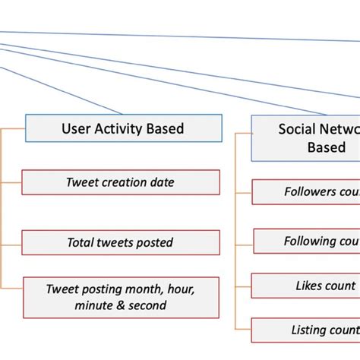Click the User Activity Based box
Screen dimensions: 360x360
[x=123, y=128]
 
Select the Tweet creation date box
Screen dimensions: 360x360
[x=120, y=182]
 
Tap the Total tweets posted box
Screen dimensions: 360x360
[x=120, y=243]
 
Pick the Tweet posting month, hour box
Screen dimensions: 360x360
[x=120, y=297]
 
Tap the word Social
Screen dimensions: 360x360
[x=297, y=128]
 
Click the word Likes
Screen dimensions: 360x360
[x=309, y=286]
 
